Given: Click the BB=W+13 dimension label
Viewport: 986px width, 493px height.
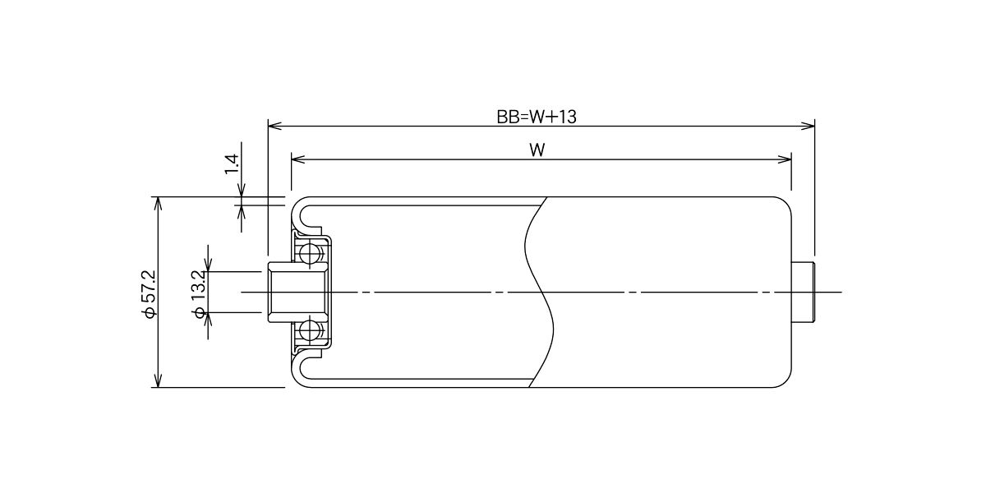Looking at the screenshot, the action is pos(536,117).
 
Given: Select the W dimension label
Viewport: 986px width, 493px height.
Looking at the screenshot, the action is pos(537,150).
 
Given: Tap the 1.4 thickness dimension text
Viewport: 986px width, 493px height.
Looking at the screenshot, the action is pos(232,164).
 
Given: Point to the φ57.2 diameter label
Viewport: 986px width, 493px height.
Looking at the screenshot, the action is pos(149,293).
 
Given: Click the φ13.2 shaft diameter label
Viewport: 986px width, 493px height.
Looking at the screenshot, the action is pos(199,293).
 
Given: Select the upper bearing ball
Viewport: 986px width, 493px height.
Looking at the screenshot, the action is pos(310,253).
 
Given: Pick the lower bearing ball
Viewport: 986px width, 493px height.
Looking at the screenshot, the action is pos(310,331).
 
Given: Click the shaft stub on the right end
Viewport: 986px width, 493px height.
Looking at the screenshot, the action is pos(803,293).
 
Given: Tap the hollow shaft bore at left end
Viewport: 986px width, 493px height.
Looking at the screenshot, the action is pos(296,293).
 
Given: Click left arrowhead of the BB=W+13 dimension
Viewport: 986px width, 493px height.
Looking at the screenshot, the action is pos(274,127).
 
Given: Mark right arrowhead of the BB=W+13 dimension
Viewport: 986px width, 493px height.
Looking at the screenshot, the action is pos(809,127).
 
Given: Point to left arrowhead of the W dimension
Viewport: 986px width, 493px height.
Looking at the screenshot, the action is pos(298,159).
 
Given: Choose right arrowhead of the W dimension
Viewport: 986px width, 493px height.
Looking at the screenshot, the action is pos(785,159).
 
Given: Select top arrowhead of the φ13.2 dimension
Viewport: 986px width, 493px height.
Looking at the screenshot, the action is pos(209,265).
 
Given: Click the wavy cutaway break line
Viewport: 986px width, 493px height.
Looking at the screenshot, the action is pos(540,293).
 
